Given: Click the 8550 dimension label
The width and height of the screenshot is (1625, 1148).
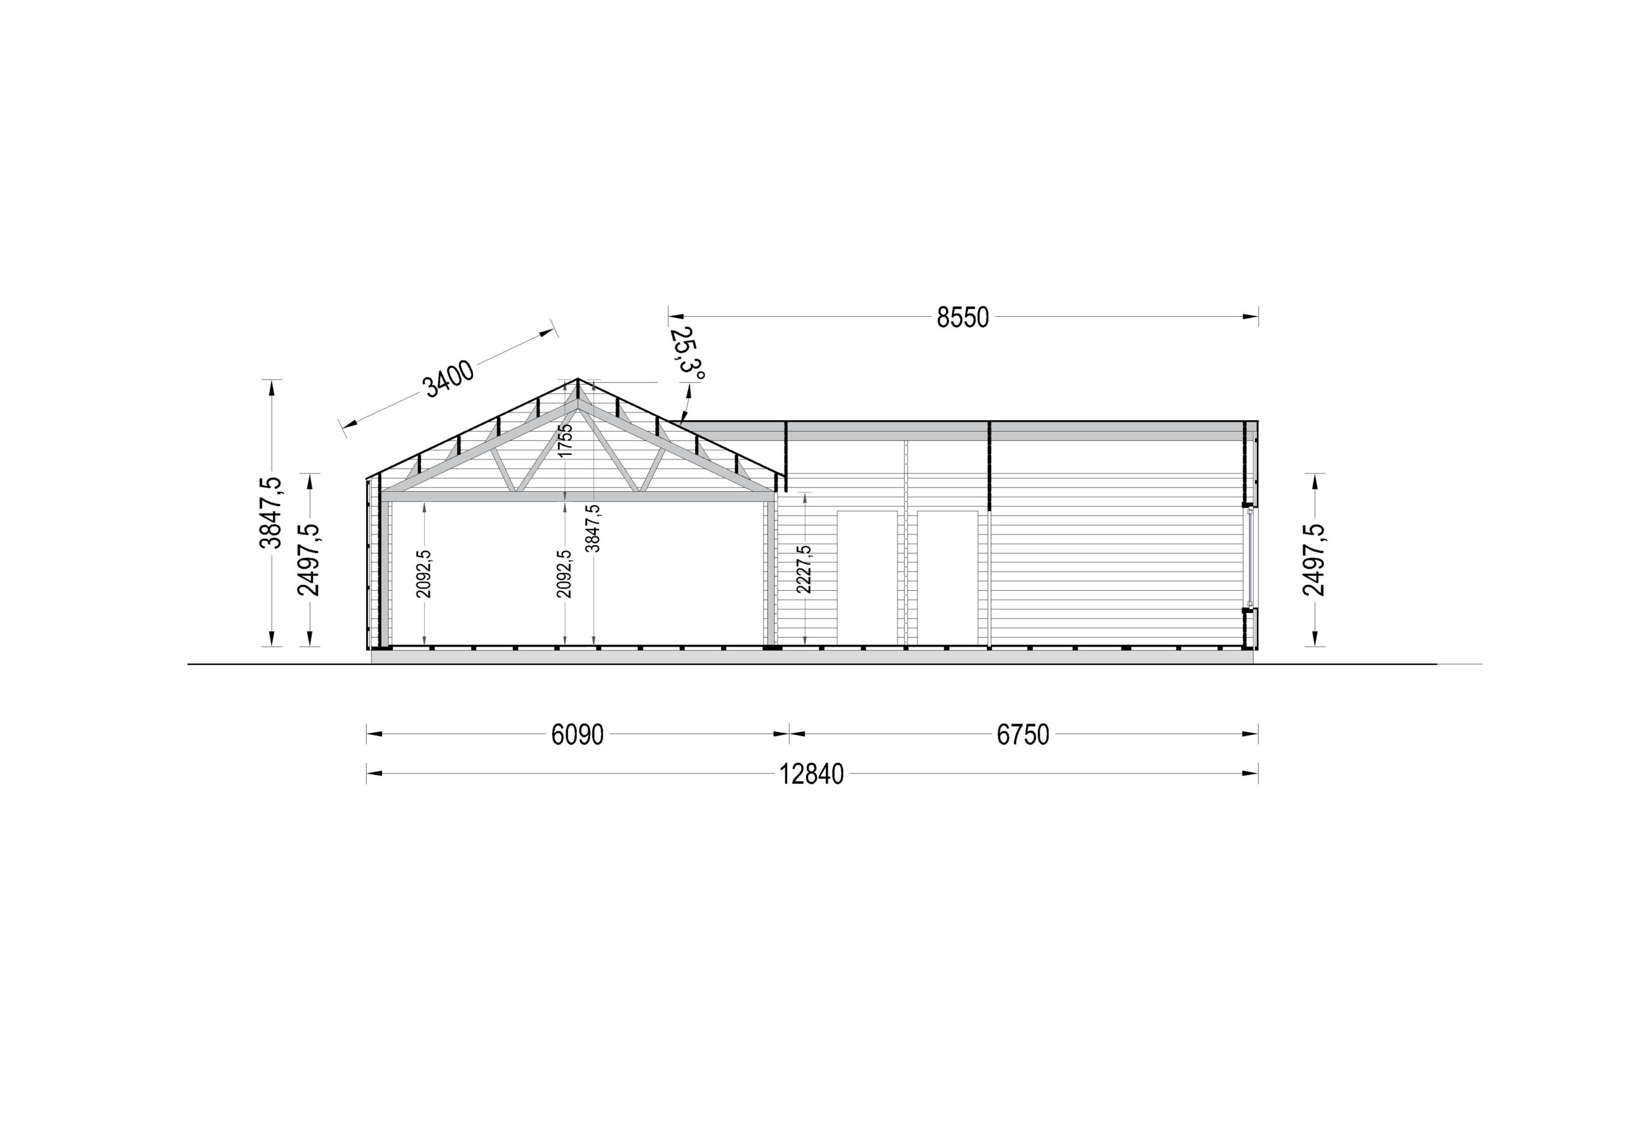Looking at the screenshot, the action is pos(962,318).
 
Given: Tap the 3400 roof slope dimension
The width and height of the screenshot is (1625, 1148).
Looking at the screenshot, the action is pos(448,379).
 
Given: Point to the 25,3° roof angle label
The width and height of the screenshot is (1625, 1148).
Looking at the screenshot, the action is pos(687,352).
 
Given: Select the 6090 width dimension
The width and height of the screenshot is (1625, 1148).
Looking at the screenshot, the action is pos(578,735).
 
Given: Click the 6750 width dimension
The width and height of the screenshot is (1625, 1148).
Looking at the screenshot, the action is pos(1023,735).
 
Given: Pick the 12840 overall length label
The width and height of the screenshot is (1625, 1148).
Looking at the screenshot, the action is pos(812,774).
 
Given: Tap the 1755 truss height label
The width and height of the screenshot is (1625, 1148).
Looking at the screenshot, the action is pos(565,440).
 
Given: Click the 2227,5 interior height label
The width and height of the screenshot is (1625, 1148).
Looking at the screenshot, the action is pos(804,569).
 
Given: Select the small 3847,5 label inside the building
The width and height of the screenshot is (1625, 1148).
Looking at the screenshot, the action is pos(593,528).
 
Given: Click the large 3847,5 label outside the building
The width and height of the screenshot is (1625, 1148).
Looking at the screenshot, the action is pos(271,512).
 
